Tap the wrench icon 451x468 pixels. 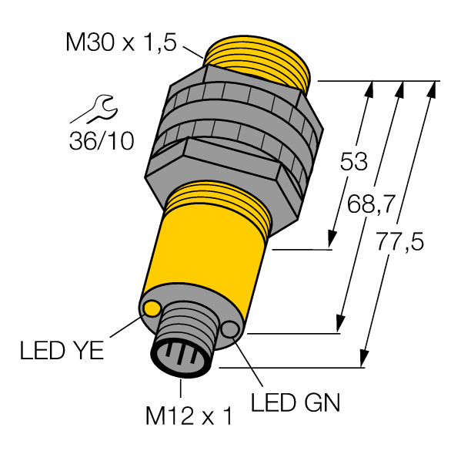(x=94, y=108)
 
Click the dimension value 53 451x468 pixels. (x=353, y=163)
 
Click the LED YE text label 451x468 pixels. (x=62, y=353)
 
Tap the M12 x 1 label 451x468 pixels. (x=188, y=417)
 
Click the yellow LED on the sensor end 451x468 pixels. (x=152, y=309)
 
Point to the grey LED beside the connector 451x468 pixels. (x=230, y=330)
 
